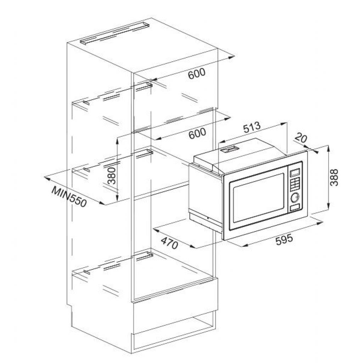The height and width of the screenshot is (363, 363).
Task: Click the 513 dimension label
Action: click(x=252, y=128)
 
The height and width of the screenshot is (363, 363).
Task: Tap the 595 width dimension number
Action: click(x=284, y=240)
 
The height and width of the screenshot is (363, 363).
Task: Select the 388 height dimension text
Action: click(x=334, y=178)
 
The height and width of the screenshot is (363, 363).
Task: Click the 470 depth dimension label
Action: click(x=169, y=242)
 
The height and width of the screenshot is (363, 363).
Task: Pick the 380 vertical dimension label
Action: click(x=112, y=176)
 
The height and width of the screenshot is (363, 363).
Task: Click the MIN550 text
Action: click(x=69, y=196)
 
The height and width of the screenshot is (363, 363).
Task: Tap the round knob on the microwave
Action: click(x=295, y=197)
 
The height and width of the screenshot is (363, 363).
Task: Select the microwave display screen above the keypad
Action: click(x=295, y=172)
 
